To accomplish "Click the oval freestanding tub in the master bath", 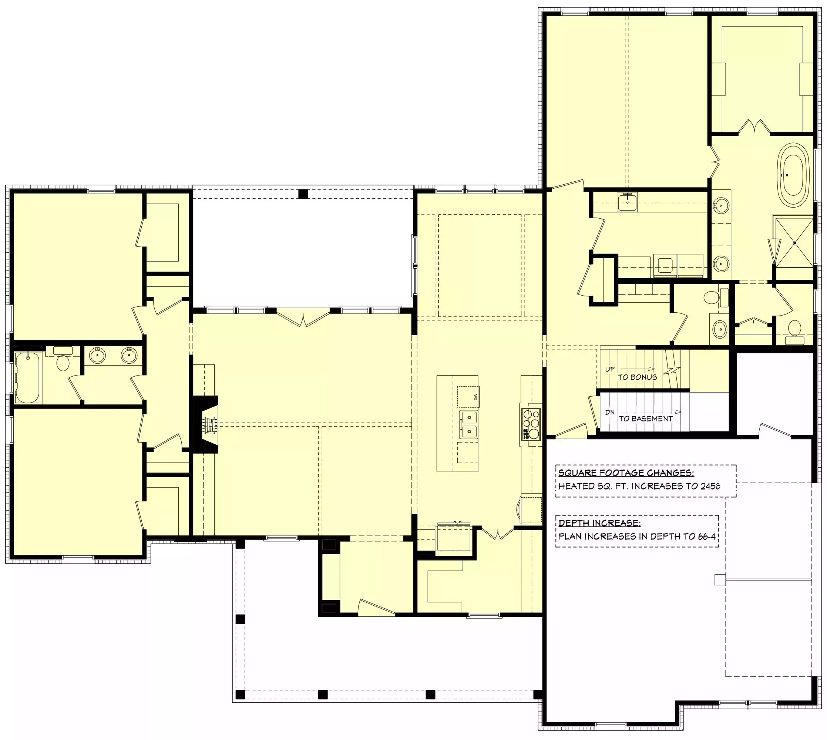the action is [793, 175].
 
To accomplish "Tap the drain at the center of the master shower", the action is [794, 243].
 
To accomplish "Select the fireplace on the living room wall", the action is [206, 424].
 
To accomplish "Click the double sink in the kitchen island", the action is [468, 424].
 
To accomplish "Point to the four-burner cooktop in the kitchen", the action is [531, 424].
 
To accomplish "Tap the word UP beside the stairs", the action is [610, 369].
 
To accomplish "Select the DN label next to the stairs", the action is [610, 412].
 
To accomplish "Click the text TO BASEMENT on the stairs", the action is [646, 418].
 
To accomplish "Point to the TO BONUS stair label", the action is [638, 377].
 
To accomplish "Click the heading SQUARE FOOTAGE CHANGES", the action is [626, 472].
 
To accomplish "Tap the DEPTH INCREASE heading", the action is [600, 523].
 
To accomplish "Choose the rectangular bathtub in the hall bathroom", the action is [28, 378].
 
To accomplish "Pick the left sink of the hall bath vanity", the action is [98, 355].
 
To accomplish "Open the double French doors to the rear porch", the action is [303, 317].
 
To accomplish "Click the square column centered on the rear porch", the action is [303, 194].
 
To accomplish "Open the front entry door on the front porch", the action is [376, 607].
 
